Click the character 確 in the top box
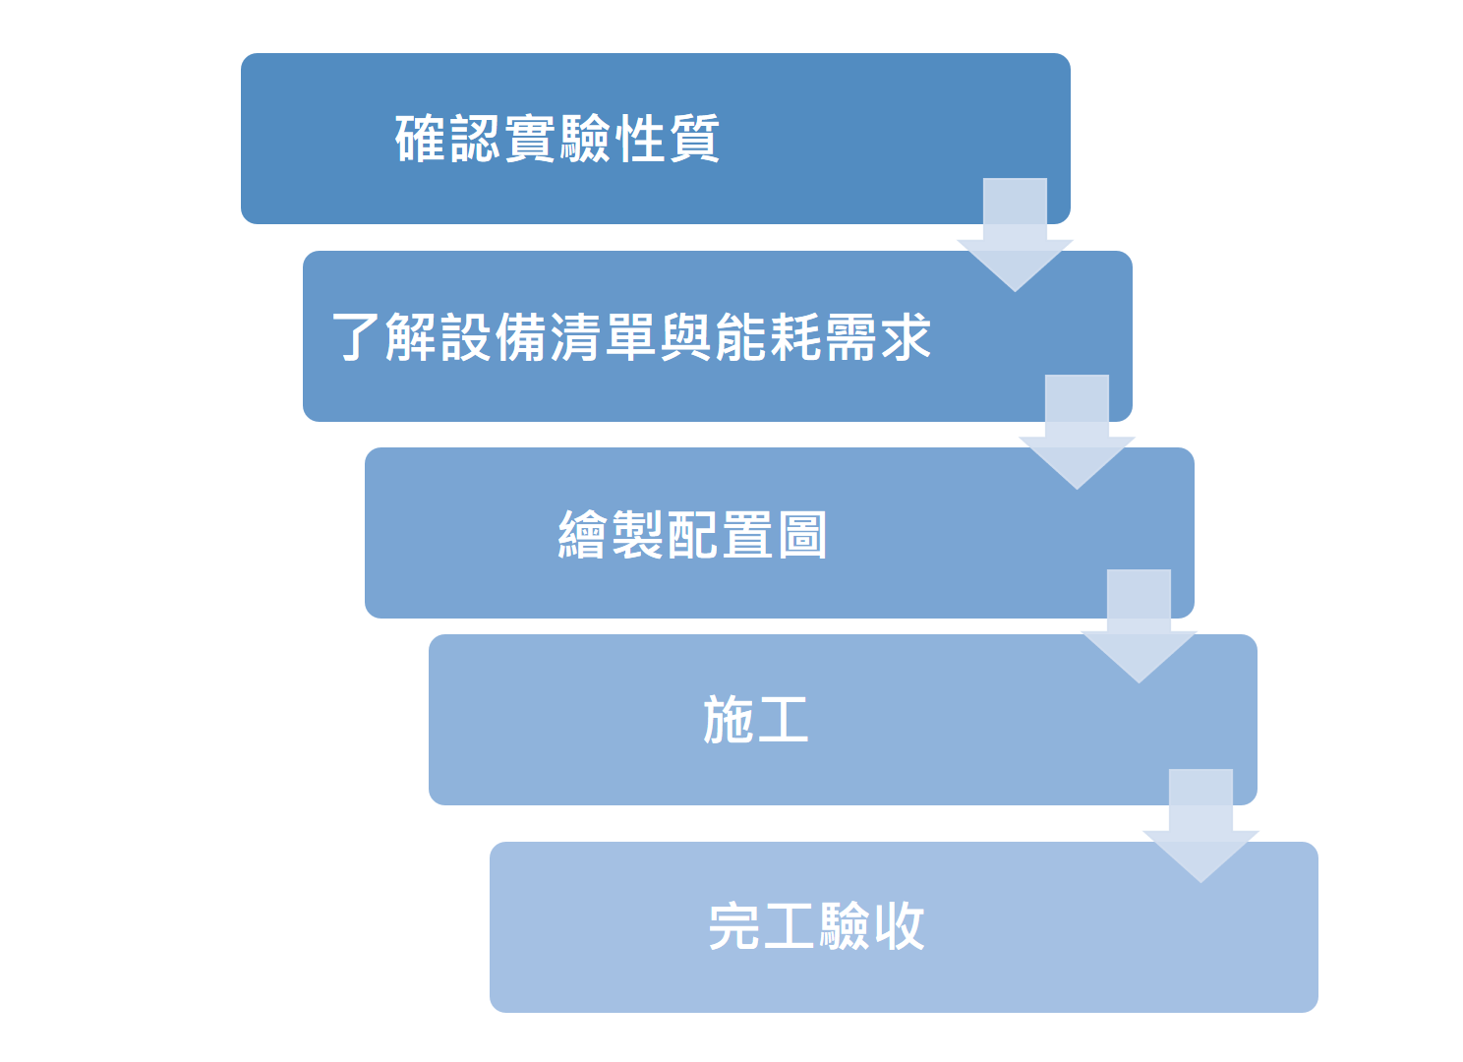tap(421, 139)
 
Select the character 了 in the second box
tap(357, 337)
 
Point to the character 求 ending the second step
tap(906, 337)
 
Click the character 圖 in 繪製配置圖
tap(802, 535)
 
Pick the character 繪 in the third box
tap(583, 535)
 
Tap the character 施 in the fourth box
tap(729, 720)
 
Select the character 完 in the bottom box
tap(734, 926)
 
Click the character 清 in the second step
tap(576, 337)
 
